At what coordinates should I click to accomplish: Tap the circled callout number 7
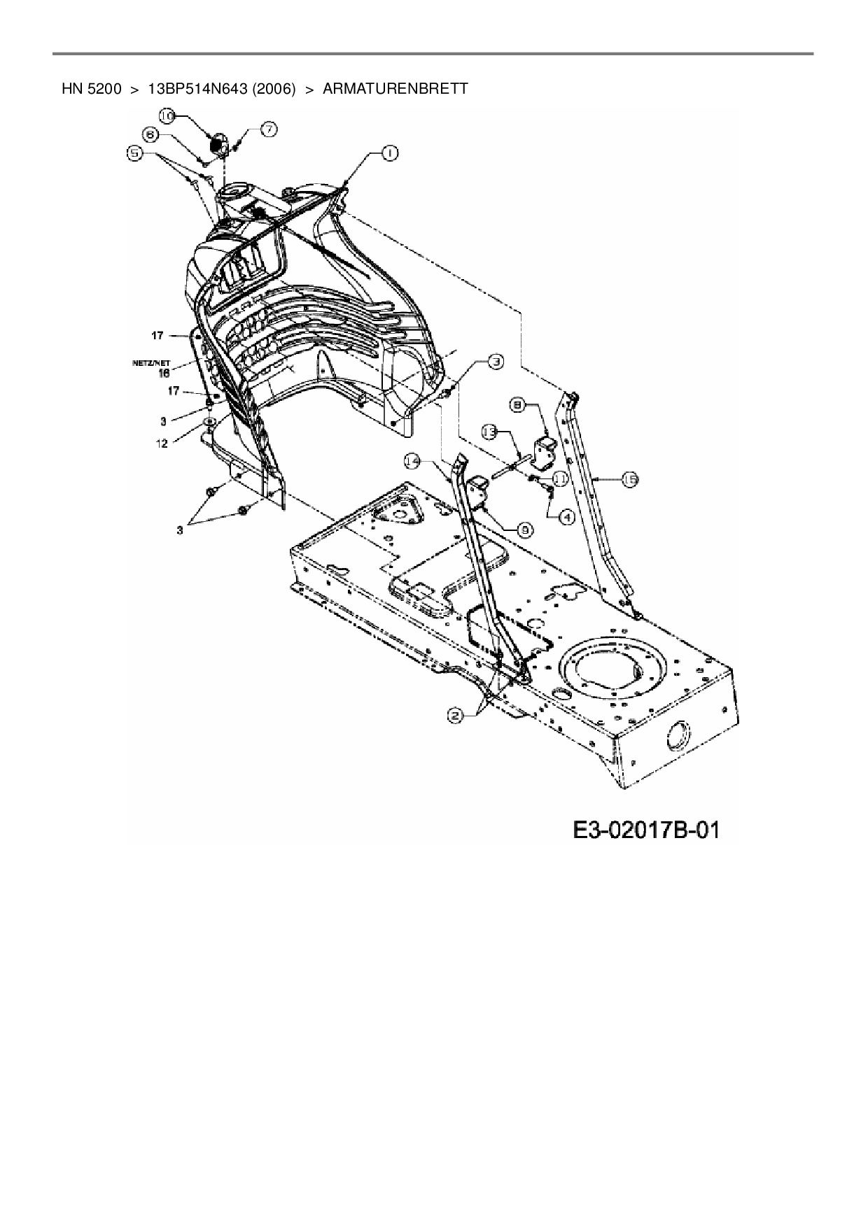269,129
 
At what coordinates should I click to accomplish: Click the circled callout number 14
413,460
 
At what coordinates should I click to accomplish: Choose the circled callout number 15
629,479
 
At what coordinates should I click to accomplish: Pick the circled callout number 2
456,715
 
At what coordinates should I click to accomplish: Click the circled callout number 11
560,478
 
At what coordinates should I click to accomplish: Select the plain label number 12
162,444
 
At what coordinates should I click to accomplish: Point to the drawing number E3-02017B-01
646,830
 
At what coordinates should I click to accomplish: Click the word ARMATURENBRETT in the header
395,89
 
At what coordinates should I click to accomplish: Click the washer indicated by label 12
208,422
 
